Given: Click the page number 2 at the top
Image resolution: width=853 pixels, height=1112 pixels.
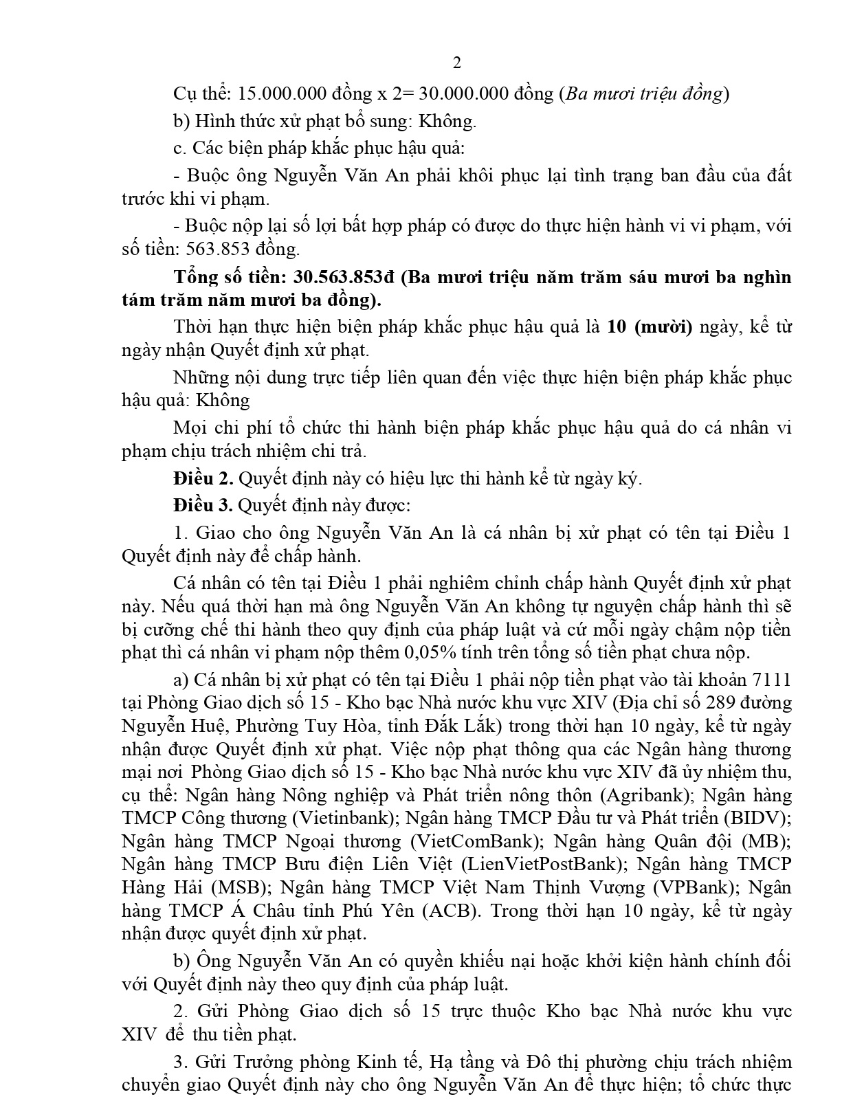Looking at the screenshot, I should pyautogui.click(x=457, y=63).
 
